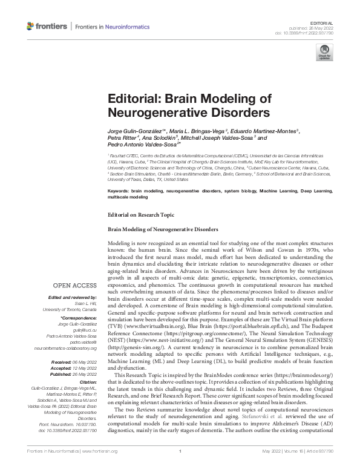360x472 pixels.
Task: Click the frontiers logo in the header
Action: tap(46, 27)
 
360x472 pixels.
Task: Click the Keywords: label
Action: tap(120, 191)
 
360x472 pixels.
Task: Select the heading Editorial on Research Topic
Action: tap(140, 215)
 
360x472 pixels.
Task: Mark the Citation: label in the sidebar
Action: tap(87, 382)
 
